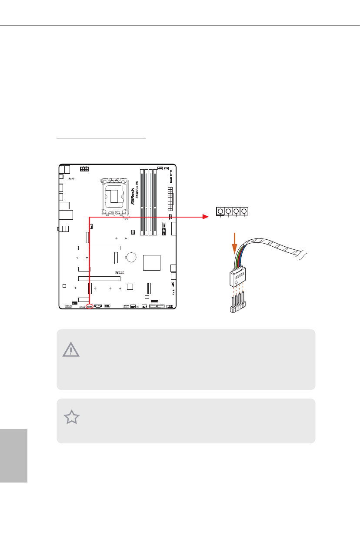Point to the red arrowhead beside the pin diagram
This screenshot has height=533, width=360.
(x=205, y=217)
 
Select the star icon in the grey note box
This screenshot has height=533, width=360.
(x=72, y=417)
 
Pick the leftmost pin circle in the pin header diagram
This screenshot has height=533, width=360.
(x=220, y=211)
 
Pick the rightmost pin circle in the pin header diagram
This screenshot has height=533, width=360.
(x=245, y=211)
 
